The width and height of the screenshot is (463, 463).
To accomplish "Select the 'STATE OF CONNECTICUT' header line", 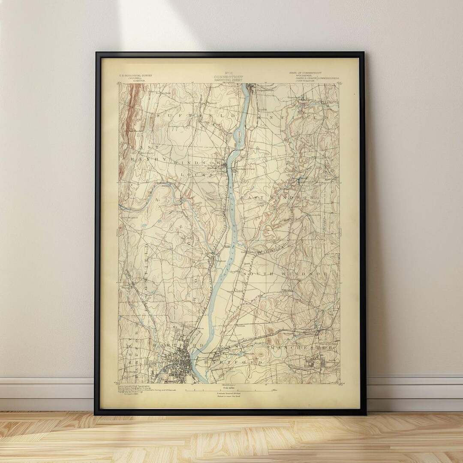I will tap(305, 73).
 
